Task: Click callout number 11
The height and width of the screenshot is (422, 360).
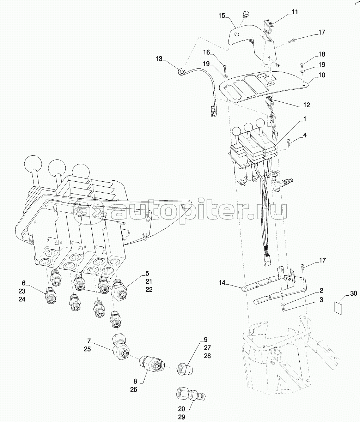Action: (295, 12)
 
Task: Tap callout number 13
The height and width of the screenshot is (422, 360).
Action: (159, 59)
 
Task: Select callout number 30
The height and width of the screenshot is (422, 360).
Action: (354, 293)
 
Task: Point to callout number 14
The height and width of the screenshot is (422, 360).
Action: (222, 283)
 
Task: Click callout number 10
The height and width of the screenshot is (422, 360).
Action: (322, 75)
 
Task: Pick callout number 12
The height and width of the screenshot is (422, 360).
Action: (306, 105)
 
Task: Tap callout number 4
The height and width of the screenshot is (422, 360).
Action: (305, 135)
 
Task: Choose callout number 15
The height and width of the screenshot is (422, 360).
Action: (222, 15)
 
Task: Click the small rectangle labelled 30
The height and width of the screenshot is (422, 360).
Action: (338, 308)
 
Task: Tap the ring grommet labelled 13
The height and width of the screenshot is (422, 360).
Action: (182, 71)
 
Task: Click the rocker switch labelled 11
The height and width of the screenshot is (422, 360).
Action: (268, 24)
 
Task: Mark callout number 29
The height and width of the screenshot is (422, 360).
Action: (182, 417)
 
